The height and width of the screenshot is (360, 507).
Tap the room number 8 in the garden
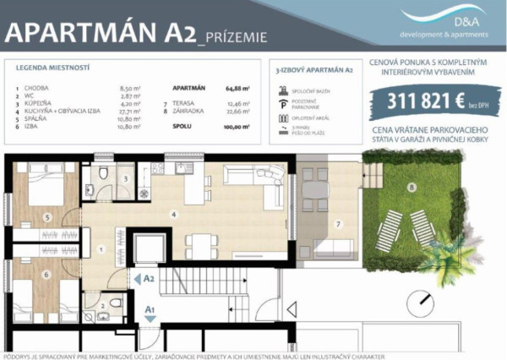pyautogui.click(x=412, y=186)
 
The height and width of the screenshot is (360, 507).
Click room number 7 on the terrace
pyautogui.click(x=336, y=223)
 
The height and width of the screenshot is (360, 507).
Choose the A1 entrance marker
pyautogui.click(x=149, y=310)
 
